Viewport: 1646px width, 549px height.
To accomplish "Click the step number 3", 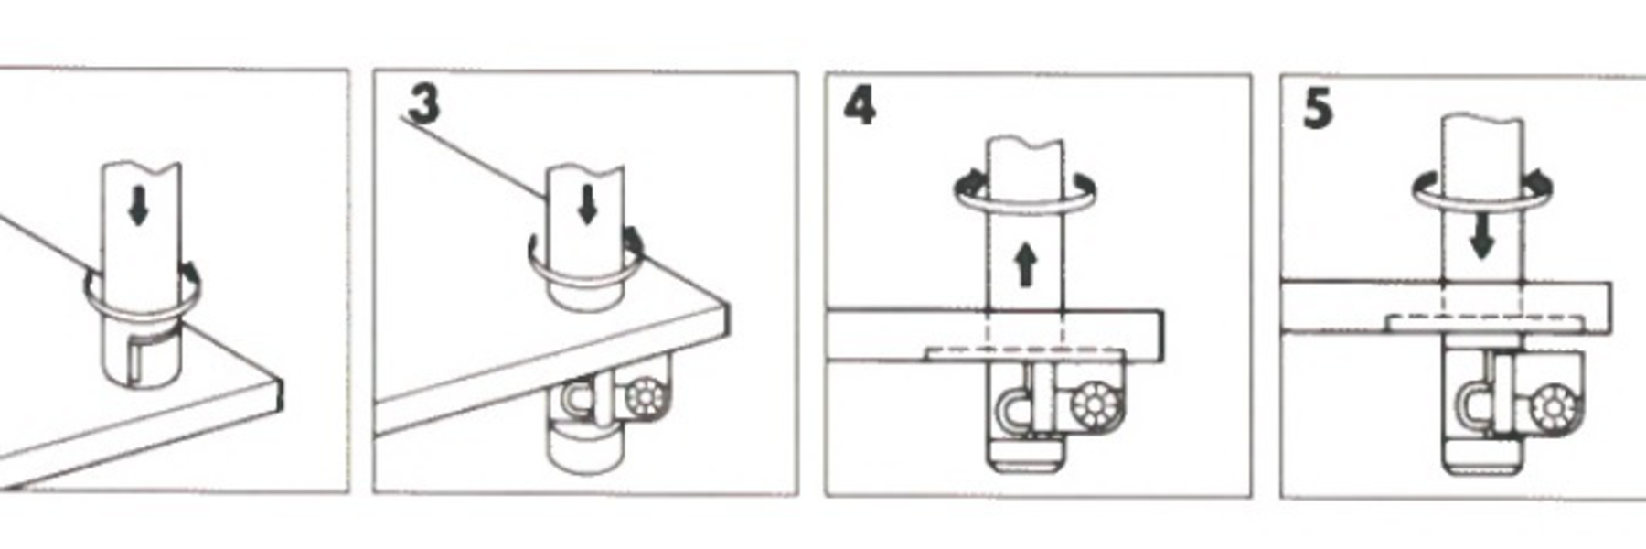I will pos(423,103).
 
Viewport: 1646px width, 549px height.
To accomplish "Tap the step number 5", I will pos(1318,110).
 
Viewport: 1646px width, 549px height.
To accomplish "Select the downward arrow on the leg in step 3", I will pos(588,204).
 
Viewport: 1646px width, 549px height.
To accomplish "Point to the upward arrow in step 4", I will pos(1026,265).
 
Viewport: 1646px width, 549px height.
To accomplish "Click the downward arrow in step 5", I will pos(1482,240).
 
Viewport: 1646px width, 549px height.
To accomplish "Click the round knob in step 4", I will pos(1092,404).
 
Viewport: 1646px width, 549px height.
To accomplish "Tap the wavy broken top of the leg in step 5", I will pos(1482,122).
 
